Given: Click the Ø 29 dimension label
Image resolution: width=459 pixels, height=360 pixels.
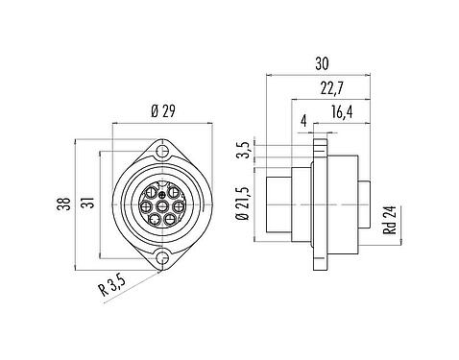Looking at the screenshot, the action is coord(163,111).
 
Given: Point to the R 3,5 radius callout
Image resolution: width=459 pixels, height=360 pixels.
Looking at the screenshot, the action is coord(112,286).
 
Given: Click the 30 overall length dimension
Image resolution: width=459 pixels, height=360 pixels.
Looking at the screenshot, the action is coord(322,63).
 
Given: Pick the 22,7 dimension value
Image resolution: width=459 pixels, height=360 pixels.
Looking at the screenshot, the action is coord(332,88).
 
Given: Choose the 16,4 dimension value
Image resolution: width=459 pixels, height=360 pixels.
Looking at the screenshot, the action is coord(342,112).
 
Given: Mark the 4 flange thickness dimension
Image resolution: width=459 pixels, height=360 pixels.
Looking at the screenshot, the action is coord(303,121).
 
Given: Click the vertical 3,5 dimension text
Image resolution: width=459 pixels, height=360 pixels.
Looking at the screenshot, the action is coord(246,150).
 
